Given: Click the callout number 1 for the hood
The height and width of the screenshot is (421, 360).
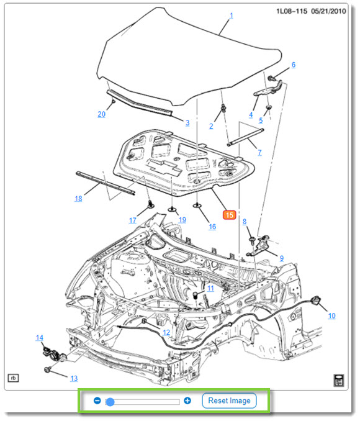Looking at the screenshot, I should (x=232, y=16).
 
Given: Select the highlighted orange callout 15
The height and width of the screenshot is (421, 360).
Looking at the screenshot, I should (x=229, y=215).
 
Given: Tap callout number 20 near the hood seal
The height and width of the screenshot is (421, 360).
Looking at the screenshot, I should (x=101, y=114).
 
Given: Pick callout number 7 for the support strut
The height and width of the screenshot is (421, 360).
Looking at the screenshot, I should (x=259, y=152).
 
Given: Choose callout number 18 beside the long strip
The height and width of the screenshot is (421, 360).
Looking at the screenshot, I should (x=78, y=199).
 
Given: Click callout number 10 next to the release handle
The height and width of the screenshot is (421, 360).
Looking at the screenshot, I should (x=331, y=315).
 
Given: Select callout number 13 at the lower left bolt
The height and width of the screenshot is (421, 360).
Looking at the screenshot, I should (x=74, y=378).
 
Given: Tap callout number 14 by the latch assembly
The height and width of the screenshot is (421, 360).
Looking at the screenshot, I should (x=40, y=338).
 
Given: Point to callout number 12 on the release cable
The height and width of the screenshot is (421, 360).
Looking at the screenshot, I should (x=166, y=332).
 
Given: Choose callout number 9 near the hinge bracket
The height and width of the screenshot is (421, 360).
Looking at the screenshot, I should (x=281, y=258).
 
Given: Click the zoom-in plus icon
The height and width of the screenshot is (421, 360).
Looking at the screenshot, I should (x=187, y=401).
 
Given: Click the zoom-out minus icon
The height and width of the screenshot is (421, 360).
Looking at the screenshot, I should (x=97, y=401).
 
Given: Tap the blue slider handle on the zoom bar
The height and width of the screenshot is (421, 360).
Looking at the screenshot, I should (x=110, y=402).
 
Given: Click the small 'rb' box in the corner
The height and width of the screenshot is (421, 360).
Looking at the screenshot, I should (x=12, y=377).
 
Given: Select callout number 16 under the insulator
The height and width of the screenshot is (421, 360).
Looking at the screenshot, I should (x=212, y=227).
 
